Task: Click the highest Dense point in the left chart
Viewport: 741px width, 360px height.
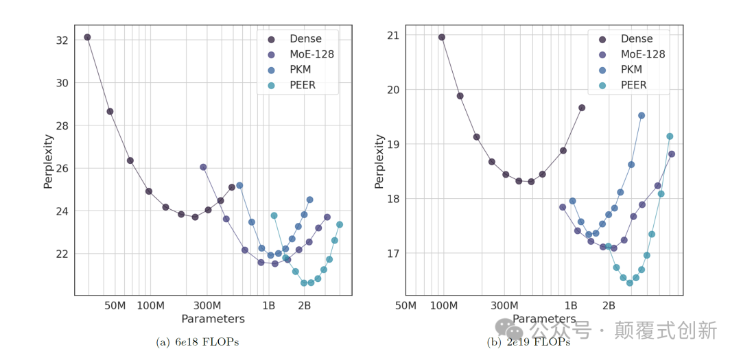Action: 87,37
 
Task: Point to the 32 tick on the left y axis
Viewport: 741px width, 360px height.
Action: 62,40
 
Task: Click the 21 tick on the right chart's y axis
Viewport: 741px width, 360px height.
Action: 394,35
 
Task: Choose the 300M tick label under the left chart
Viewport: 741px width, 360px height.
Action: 207,305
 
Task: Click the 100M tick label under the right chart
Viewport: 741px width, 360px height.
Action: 443,305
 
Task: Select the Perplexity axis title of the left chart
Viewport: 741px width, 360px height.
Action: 48,161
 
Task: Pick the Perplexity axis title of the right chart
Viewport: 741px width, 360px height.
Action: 379,161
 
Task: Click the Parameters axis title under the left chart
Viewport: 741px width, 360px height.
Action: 213,319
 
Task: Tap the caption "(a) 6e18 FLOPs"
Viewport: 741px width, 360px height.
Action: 198,342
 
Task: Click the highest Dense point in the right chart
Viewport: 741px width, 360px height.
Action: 442,37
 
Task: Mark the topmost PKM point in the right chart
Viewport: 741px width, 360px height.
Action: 642,115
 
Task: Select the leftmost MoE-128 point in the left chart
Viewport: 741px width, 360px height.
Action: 203,167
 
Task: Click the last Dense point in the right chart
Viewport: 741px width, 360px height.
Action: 582,108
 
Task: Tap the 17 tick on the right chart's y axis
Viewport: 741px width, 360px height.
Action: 394,254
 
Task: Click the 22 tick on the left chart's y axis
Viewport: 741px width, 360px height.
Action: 62,254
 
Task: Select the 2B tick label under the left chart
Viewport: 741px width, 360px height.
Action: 304,305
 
